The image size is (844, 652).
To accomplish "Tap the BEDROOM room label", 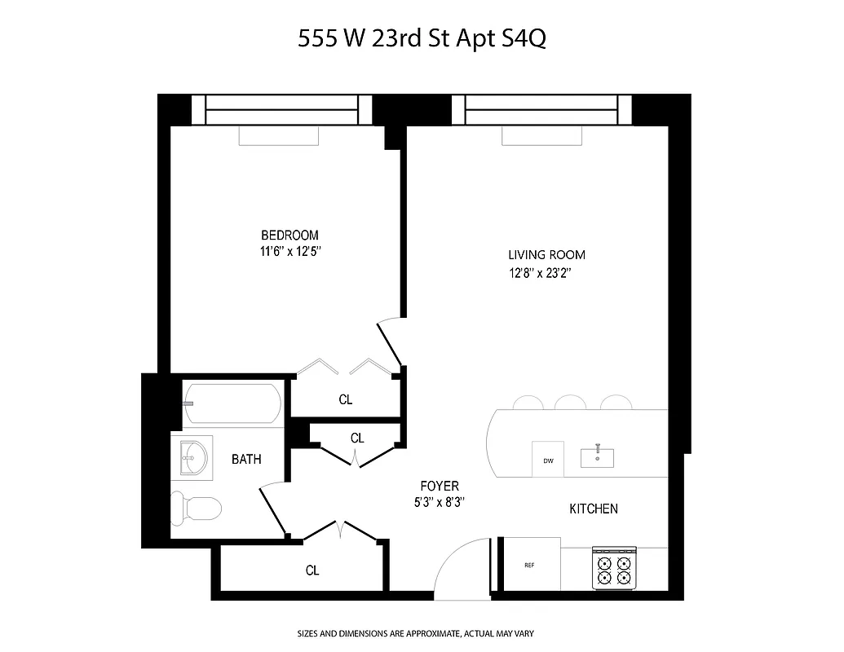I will pyautogui.click(x=289, y=235).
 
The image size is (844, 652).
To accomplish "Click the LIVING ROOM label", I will pyautogui.click(x=546, y=255).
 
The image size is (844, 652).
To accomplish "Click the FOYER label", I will pyautogui.click(x=439, y=487).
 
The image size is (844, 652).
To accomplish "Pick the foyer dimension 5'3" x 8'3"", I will pyautogui.click(x=439, y=503).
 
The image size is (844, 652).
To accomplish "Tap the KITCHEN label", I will pyautogui.click(x=593, y=509).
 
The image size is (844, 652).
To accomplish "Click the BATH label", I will pyautogui.click(x=246, y=460).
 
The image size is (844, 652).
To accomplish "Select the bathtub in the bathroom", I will pyautogui.click(x=232, y=403).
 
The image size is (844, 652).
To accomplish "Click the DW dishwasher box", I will pyautogui.click(x=548, y=460).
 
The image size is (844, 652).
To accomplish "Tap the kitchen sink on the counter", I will pyautogui.click(x=598, y=457).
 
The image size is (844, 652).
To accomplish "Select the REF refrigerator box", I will pyautogui.click(x=529, y=565).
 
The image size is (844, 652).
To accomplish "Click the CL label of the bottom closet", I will pyautogui.click(x=312, y=570).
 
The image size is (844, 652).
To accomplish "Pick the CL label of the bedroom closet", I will pyautogui.click(x=346, y=400).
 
